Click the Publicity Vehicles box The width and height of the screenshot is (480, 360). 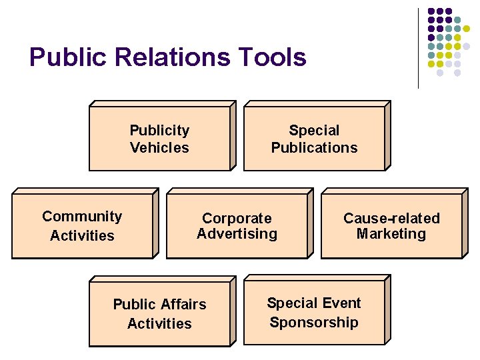(x=159, y=139)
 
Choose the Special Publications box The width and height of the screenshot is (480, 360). (x=314, y=139)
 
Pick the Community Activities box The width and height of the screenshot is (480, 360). (x=82, y=225)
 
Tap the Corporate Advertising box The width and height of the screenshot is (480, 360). (x=237, y=225)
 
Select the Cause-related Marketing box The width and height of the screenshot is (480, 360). (x=391, y=225)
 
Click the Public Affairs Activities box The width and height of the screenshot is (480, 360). (x=159, y=313)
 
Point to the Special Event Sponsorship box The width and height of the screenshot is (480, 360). (x=314, y=312)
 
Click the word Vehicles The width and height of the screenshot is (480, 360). (x=159, y=148)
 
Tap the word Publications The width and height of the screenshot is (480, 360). (x=314, y=148)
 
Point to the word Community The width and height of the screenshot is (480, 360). (x=82, y=217)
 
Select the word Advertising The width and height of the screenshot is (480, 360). (x=237, y=234)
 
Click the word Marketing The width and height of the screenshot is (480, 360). (x=391, y=234)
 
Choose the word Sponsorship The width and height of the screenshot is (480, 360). (x=314, y=323)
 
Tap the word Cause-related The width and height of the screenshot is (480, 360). (x=391, y=219)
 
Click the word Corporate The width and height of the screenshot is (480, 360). (x=237, y=219)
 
